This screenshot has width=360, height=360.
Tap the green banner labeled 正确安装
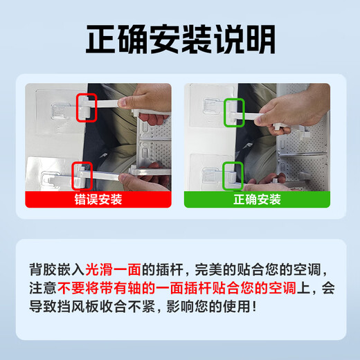click(x=257, y=199)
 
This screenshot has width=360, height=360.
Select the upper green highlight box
click(x=236, y=109)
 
